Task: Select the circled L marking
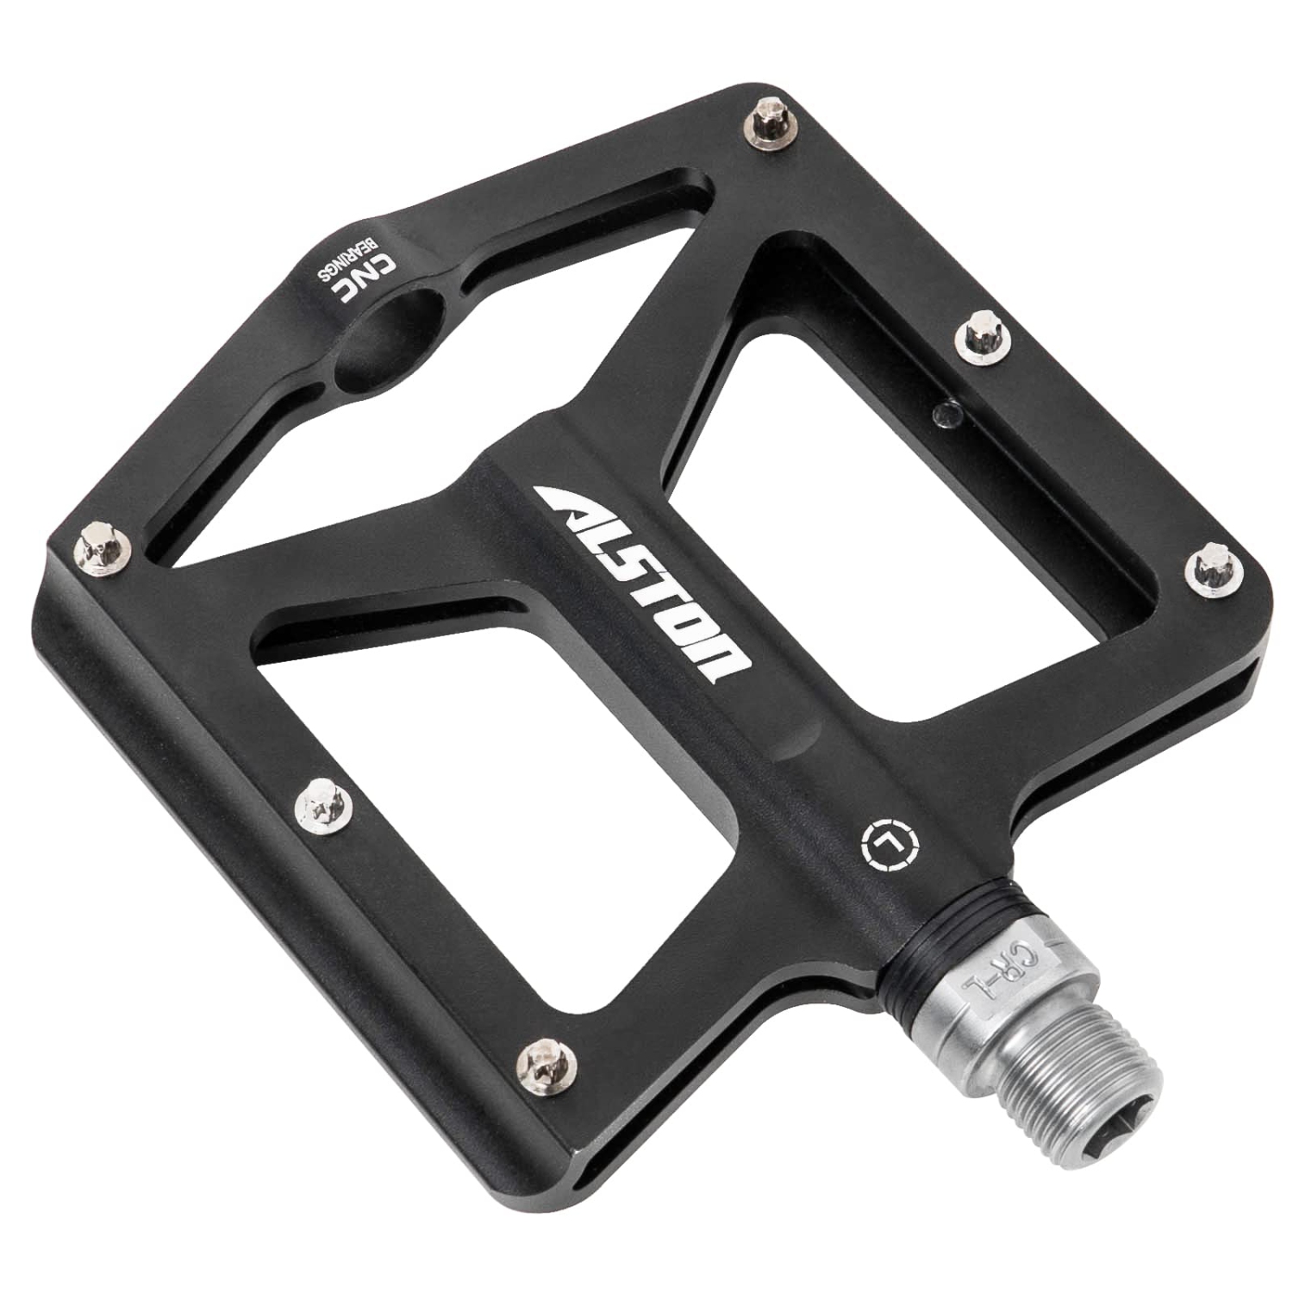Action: [x=889, y=846]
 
